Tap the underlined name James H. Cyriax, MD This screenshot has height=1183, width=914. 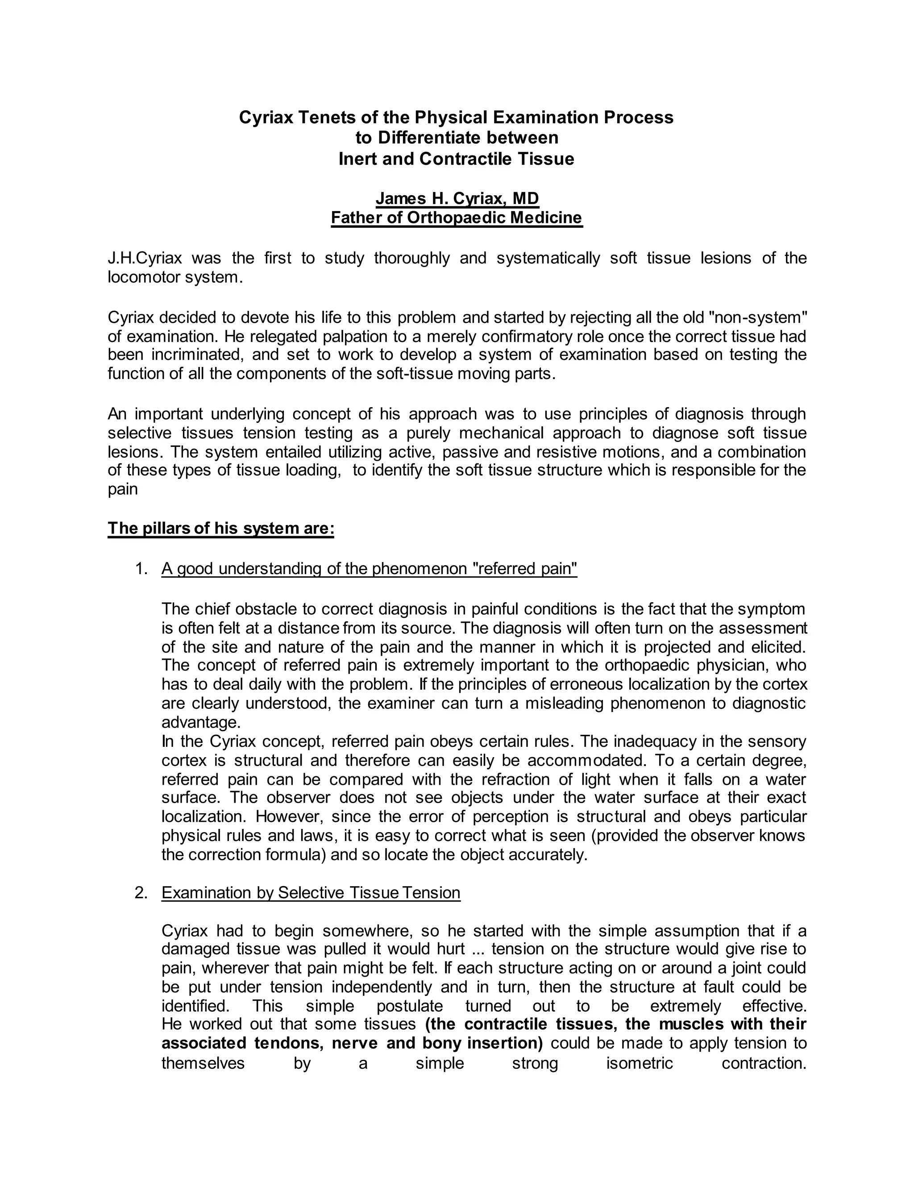tap(457, 199)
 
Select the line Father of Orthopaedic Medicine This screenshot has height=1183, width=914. tap(457, 218)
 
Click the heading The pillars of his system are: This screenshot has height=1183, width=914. tap(221, 528)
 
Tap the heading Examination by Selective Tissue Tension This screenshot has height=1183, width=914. tap(311, 893)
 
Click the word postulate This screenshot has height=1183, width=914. tap(409, 1006)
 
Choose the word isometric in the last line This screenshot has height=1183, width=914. tap(640, 1063)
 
